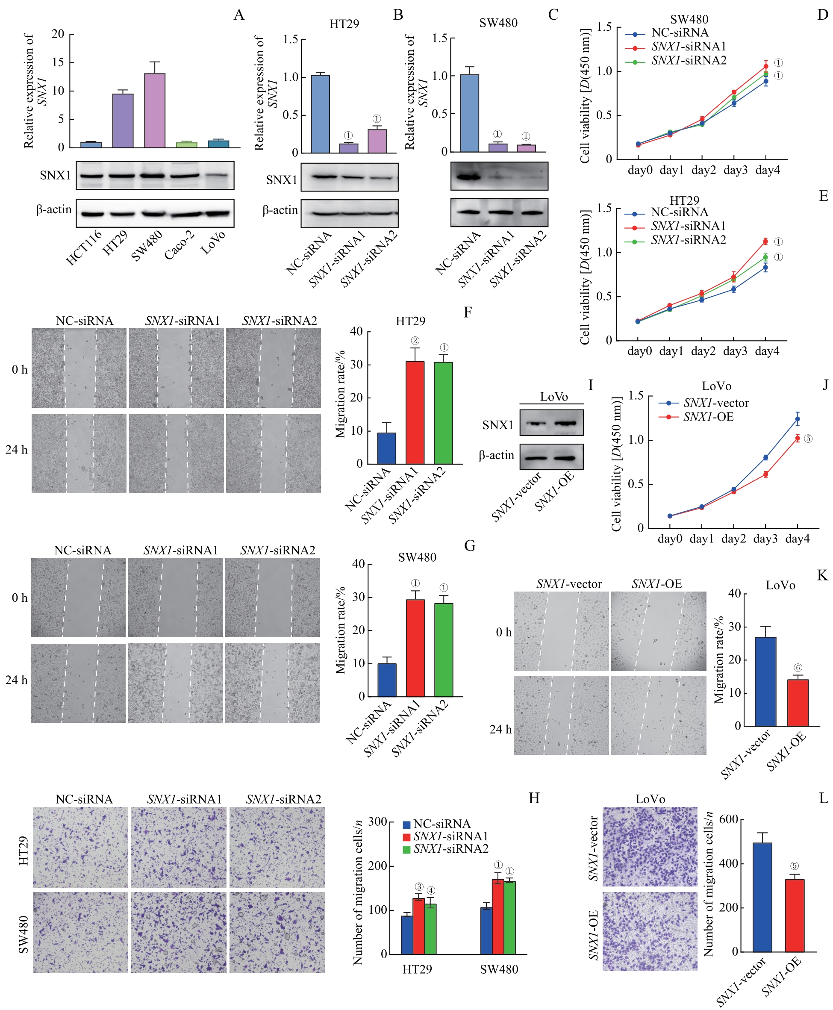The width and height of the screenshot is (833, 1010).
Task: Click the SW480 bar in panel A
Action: (155, 111)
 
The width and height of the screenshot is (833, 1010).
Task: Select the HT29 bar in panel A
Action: (123, 121)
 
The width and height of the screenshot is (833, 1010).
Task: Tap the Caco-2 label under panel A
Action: (179, 245)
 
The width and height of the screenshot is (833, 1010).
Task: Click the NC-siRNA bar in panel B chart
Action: (320, 114)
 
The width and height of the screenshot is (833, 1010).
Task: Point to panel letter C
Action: (553, 15)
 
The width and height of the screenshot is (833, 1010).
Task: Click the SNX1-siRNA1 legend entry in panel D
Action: (688, 47)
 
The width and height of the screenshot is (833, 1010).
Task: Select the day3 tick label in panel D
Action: (735, 171)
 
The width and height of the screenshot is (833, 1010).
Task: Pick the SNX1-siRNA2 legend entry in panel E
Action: (688, 240)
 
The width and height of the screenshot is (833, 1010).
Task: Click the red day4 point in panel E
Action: (765, 241)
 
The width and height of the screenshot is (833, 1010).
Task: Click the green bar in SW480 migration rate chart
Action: (443, 650)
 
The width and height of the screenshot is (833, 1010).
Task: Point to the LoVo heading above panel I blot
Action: (554, 397)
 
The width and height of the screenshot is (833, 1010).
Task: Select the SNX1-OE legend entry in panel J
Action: (708, 417)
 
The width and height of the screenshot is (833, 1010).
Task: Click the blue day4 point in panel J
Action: (798, 419)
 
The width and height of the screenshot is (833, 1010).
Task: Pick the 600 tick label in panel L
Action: (728, 819)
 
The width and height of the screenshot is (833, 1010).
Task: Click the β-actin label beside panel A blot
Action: (54, 210)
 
